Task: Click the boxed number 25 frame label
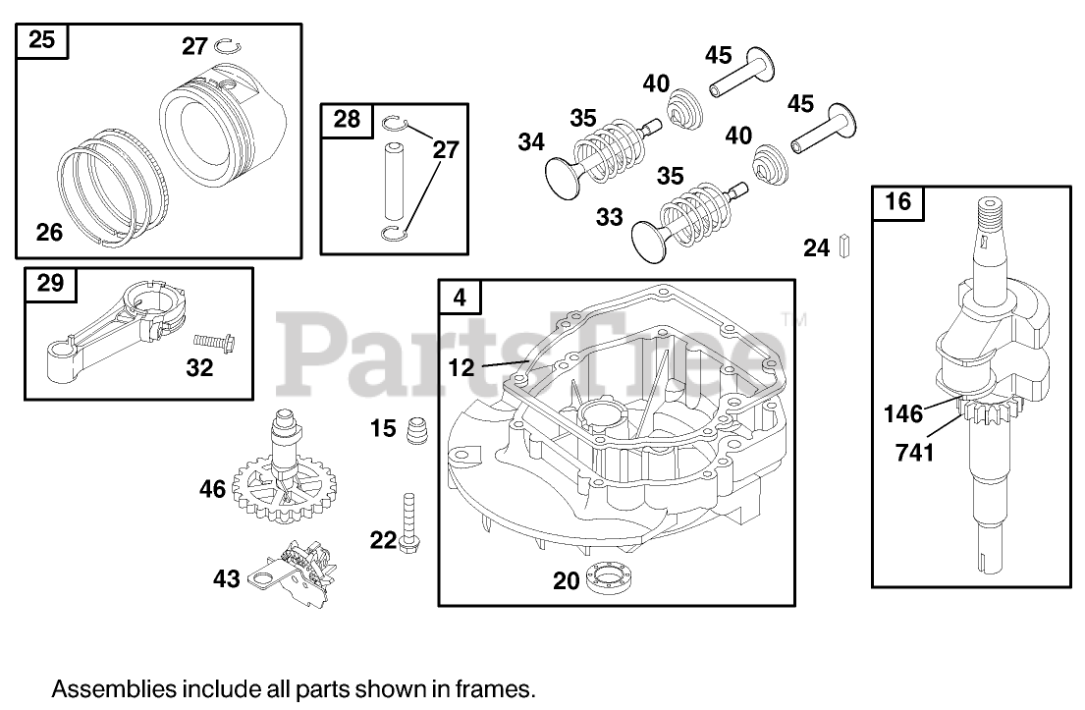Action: [42, 40]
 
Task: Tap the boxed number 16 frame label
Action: [897, 202]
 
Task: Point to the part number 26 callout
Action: [49, 232]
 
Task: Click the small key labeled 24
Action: [843, 246]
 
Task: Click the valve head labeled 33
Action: [648, 236]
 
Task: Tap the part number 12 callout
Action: [461, 367]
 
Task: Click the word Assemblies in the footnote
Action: [102, 687]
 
